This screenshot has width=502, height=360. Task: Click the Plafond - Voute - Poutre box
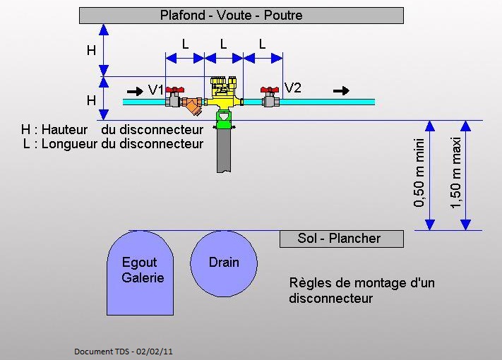click(241, 15)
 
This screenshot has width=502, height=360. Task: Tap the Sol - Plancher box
click(341, 239)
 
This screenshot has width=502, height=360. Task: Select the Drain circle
click(224, 263)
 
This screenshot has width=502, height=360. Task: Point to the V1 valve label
click(156, 90)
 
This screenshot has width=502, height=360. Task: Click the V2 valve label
click(293, 88)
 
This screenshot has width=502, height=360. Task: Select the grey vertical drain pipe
click(224, 151)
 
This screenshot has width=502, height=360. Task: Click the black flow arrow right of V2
click(341, 90)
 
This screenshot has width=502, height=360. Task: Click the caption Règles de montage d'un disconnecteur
click(361, 290)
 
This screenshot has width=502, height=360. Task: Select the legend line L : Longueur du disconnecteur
click(112, 144)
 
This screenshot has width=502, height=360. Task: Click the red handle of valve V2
click(269, 90)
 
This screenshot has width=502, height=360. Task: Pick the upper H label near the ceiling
click(91, 50)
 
